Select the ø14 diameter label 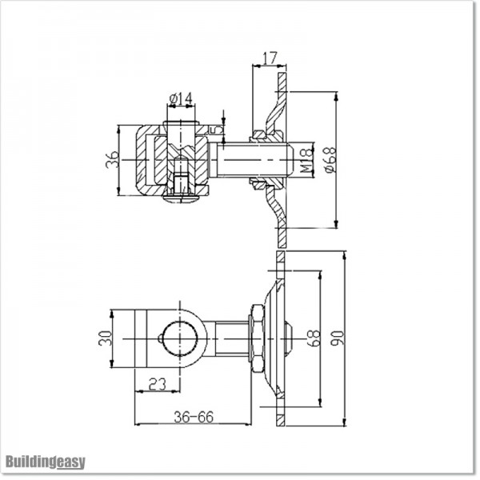tap(182, 99)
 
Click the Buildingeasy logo tap(45, 462)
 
